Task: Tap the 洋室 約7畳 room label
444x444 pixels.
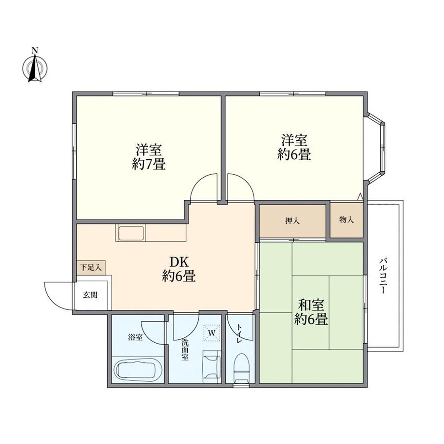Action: click(x=149, y=156)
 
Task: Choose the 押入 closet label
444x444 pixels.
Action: click(x=292, y=221)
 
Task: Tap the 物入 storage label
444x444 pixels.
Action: click(x=346, y=220)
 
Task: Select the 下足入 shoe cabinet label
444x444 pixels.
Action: click(x=90, y=267)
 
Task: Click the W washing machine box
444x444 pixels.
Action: click(x=211, y=333)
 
